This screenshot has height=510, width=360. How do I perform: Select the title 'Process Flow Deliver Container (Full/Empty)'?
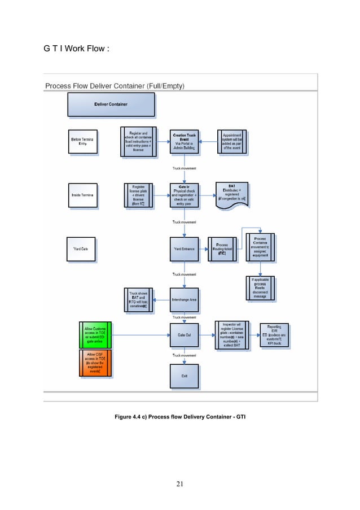point(115,86)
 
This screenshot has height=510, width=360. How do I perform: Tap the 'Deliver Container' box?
point(111,104)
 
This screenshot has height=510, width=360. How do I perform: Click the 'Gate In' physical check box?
point(185,195)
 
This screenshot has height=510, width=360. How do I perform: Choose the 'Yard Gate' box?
point(82,249)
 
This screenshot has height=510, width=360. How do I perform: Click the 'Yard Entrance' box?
point(185,249)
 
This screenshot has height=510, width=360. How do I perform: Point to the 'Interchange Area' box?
point(185,299)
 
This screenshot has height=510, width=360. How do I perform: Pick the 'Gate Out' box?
point(185,335)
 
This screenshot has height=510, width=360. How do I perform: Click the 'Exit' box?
point(185,376)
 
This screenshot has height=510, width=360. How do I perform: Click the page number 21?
point(181,483)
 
